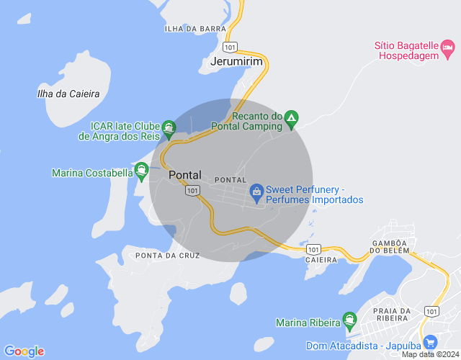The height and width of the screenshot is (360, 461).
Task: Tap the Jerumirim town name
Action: [236, 63]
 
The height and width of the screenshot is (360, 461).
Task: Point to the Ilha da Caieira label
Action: [68, 94]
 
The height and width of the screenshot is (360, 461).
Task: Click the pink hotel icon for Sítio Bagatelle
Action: [448, 49]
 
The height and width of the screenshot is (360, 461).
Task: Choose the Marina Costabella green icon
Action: [142, 173]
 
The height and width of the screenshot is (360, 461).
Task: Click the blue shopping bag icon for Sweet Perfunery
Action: [256, 191]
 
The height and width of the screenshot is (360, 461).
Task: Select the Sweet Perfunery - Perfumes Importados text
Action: [314, 195]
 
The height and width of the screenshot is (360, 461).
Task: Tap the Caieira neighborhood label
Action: [321, 259]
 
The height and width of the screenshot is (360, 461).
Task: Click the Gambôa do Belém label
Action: [390, 246]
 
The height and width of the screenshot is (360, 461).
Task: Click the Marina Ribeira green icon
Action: [350, 318]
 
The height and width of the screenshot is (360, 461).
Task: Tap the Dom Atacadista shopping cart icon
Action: [431, 342]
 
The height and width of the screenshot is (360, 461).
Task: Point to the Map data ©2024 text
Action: [430, 354]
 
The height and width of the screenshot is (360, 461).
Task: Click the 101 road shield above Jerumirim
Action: [230, 47]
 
